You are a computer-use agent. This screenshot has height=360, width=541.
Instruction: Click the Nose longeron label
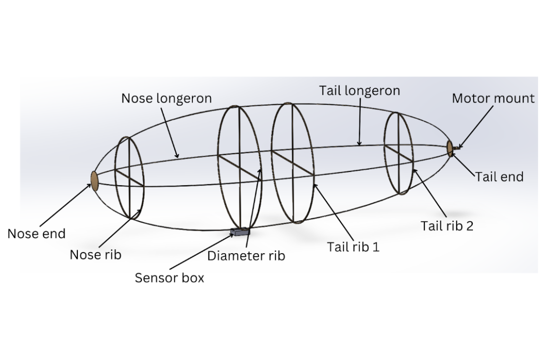(x=166, y=98)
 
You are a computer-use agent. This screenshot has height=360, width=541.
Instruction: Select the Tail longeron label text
(x=359, y=91)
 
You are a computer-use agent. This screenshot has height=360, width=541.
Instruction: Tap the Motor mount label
(x=493, y=99)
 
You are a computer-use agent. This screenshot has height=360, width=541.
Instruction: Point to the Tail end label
(x=499, y=177)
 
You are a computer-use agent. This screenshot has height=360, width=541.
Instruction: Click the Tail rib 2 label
(x=448, y=226)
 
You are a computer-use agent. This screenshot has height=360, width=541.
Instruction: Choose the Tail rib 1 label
(x=353, y=246)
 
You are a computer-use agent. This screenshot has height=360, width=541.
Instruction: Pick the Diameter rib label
(x=246, y=256)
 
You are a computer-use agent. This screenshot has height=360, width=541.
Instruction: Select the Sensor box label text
(x=169, y=278)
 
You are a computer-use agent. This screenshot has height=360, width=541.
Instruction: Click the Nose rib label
(x=95, y=255)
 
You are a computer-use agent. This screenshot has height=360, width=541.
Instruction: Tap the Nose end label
(x=36, y=234)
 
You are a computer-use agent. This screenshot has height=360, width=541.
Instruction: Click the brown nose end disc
(x=94, y=180)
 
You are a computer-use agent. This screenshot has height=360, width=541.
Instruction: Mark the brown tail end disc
(x=450, y=148)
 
